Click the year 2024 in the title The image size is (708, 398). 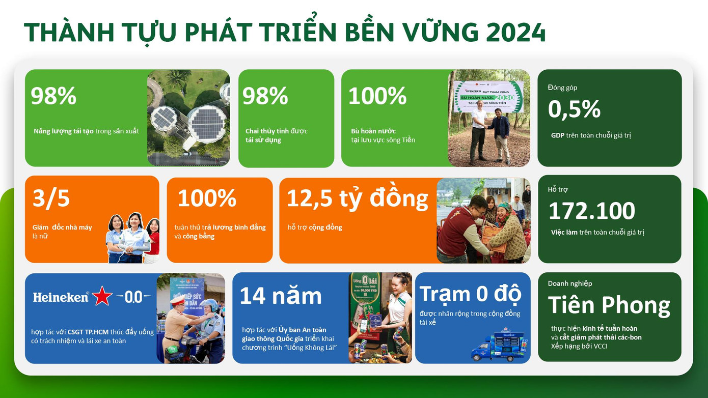[515, 33]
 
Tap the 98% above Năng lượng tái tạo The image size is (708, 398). [53, 96]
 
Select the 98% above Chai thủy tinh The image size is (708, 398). [265, 96]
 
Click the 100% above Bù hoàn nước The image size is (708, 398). [377, 96]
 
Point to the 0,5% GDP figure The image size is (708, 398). [574, 109]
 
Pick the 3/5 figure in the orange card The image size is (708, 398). [51, 198]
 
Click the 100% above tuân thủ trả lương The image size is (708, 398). [207, 198]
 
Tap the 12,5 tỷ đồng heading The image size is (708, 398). [357, 198]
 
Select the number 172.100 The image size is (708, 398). [592, 211]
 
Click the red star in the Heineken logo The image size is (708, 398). [102, 296]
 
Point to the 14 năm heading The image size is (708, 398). [281, 296]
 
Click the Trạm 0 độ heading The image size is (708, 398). [470, 294]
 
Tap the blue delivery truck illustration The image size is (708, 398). [499, 346]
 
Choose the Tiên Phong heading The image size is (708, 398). [609, 305]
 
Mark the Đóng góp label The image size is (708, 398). [562, 88]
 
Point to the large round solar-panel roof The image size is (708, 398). [206, 122]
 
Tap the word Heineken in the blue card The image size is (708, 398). [61, 297]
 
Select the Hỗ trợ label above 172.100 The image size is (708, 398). [558, 189]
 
